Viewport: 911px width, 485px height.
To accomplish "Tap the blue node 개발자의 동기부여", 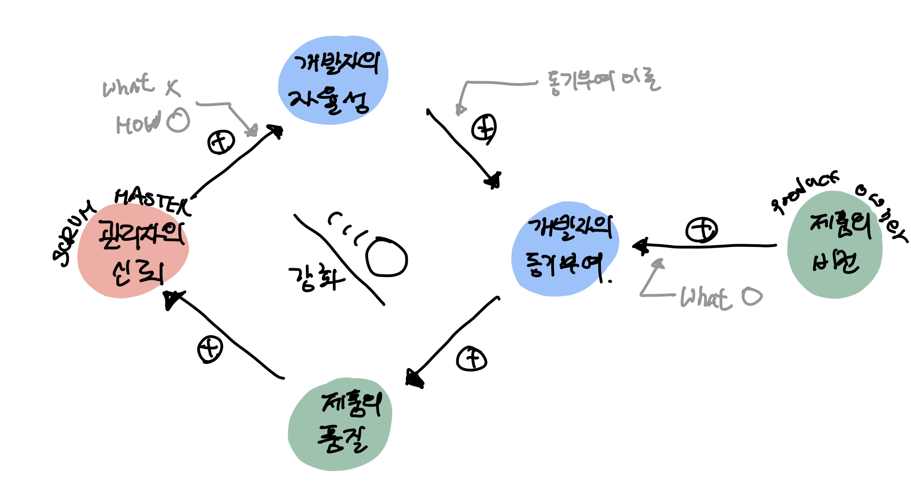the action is [565, 248].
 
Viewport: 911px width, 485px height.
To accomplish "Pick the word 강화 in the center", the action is [316, 278].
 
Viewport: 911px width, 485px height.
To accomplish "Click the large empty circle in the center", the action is [386, 257].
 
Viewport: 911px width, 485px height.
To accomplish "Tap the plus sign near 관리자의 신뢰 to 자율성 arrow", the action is [221, 142].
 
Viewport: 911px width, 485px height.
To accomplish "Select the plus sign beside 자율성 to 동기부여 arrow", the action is [484, 128].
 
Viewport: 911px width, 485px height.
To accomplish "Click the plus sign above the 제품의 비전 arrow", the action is [701, 229].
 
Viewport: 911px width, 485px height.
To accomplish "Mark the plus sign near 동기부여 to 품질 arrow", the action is [471, 359].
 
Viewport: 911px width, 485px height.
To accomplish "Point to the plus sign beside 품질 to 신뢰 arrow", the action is [210, 349].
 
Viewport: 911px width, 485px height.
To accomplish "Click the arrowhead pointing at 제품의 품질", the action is [414, 379].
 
